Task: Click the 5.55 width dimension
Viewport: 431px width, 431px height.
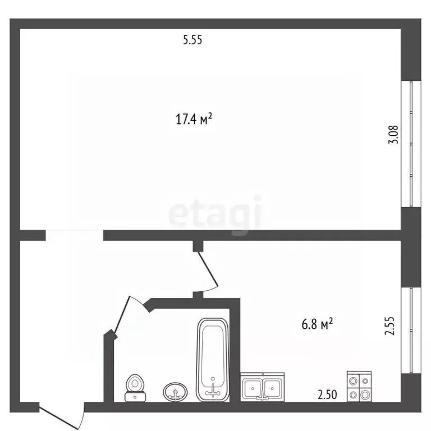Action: pos(192,40)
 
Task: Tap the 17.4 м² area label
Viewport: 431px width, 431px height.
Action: pos(194,119)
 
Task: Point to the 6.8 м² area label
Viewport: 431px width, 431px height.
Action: pos(318,324)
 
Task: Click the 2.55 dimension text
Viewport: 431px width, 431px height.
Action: pos(389,326)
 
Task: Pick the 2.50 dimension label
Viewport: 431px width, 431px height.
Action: pos(327,395)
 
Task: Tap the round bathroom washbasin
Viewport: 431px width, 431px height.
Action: pos(175,391)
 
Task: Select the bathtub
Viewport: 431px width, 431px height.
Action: pos(213,360)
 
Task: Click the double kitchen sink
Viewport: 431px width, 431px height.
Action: pos(263,387)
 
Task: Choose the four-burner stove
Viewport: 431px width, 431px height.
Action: pos(359,387)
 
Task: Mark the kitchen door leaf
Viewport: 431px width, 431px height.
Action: pos(208,269)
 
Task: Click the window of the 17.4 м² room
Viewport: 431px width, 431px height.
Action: pos(411,144)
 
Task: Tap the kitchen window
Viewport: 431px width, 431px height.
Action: pos(411,331)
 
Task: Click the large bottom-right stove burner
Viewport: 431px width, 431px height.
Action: pos(365,395)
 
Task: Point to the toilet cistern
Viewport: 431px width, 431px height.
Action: pos(135,397)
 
